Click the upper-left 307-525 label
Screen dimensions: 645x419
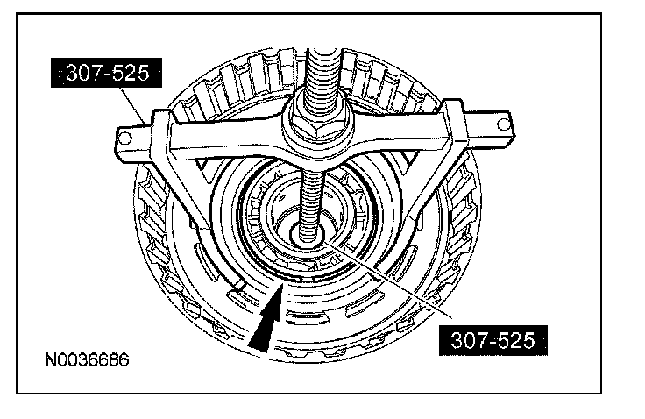click(107, 73)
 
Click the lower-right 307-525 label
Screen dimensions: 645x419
click(493, 340)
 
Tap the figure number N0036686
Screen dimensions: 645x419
click(87, 359)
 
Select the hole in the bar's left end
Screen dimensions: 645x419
click(124, 138)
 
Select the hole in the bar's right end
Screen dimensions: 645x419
click(503, 124)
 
